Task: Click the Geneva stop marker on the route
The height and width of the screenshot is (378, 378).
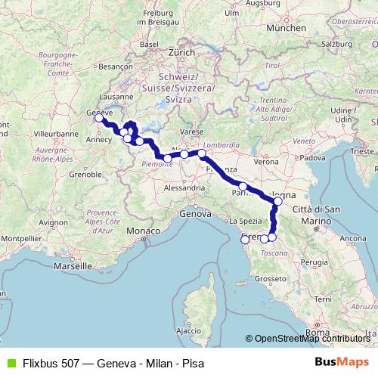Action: tap(99, 118)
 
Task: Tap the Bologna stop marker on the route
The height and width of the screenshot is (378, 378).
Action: tap(278, 201)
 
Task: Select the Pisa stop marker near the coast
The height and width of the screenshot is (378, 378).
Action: tap(244, 240)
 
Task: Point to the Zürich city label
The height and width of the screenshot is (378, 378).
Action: tap(182, 53)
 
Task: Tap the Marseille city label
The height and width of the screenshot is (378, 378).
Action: tap(72, 266)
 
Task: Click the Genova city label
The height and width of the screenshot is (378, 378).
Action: tap(194, 215)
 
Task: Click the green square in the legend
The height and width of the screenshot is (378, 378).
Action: tap(10, 361)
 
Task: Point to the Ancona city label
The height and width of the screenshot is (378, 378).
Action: tap(352, 238)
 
